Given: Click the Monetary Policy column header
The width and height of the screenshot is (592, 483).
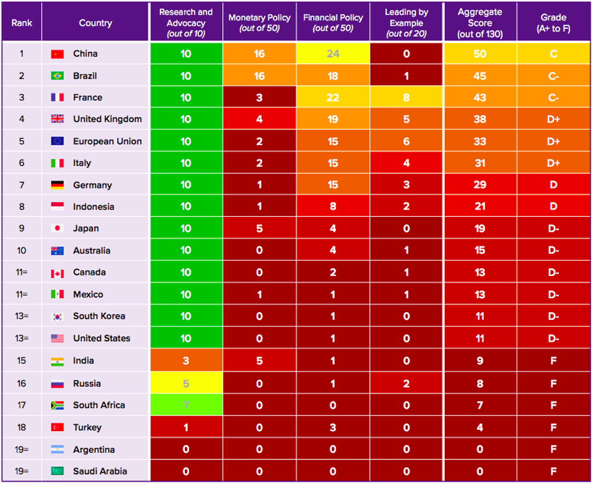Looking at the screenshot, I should click(259, 23).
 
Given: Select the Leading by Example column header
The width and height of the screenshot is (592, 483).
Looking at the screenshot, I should click(406, 23).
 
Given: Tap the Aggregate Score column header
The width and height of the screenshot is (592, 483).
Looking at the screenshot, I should click(480, 23).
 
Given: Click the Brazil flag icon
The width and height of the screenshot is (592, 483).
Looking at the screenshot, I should click(57, 76).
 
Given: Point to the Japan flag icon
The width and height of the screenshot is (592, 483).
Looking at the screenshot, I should click(57, 229).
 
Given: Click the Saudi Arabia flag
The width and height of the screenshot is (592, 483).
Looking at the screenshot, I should click(57, 472).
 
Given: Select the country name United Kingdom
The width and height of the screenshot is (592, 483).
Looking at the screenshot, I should click(108, 119).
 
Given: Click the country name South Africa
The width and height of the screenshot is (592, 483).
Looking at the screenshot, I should click(99, 405).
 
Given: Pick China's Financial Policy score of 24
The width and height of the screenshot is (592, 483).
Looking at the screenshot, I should click(333, 54).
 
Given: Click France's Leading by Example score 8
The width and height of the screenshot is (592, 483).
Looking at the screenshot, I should click(406, 98).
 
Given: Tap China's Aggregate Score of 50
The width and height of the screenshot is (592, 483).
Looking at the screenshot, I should click(480, 54).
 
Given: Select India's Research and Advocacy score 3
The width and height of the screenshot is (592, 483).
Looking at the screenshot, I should click(186, 361).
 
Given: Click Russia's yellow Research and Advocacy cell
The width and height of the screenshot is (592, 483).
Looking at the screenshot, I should click(186, 383).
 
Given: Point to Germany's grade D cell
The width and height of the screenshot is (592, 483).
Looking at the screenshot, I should click(553, 185).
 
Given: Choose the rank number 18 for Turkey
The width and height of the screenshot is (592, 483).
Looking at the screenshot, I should click(22, 427).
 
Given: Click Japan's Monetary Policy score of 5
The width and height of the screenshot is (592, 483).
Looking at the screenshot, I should click(259, 229).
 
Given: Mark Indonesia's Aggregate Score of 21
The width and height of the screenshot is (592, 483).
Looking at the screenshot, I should click(480, 206).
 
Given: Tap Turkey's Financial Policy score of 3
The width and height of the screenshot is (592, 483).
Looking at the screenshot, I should click(333, 427).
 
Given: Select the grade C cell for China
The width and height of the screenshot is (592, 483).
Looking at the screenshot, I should click(553, 54).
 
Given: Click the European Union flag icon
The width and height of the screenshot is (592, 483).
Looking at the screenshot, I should click(57, 141).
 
